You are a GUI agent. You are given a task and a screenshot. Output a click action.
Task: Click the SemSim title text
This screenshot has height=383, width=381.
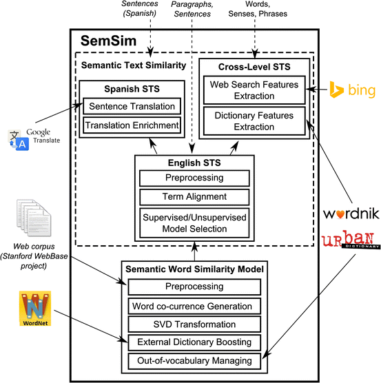tap(108, 41)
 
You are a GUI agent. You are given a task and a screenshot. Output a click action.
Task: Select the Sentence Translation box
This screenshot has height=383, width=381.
tap(132, 106)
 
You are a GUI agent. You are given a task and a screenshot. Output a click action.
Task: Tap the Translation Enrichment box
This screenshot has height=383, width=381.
tap(132, 125)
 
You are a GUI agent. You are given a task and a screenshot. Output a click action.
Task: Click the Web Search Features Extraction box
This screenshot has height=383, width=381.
tap(254, 90)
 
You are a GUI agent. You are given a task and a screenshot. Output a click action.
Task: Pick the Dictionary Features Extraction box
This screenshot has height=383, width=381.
tap(254, 121)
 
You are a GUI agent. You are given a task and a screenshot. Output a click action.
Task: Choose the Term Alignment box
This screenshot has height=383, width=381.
tap(194, 197)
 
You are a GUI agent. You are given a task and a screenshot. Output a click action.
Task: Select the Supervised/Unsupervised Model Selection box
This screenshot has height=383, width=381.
tap(194, 223)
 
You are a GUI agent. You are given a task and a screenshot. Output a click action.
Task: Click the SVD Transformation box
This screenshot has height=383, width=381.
tap(194, 324)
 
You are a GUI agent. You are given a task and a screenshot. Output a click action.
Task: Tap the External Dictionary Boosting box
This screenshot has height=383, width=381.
tap(194, 342)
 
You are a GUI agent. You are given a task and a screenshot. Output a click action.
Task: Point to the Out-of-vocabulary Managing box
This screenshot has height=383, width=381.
tap(194, 361)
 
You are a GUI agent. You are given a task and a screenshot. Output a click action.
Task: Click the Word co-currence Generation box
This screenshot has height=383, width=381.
tap(194, 306)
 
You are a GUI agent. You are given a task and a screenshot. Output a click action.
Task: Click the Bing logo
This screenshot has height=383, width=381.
tap(353, 90)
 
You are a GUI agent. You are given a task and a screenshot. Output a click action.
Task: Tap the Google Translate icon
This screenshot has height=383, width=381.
tap(19, 140)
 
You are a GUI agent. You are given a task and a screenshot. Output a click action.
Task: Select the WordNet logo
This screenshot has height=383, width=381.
tap(35, 308)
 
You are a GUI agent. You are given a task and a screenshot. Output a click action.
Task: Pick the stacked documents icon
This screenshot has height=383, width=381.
tap(34, 218)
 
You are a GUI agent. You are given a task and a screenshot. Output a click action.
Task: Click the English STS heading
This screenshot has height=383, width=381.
tap(194, 163)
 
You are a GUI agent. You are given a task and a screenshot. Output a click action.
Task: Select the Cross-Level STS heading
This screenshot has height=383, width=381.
tap(254, 67)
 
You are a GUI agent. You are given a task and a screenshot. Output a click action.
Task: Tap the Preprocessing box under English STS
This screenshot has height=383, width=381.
tap(194, 178)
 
